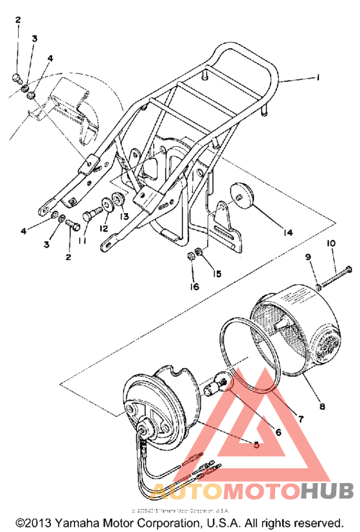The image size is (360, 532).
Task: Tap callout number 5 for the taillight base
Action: pos(256,443)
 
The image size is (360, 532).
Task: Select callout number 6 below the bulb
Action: pos(278,432)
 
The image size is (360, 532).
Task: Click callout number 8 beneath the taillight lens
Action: pos(321,406)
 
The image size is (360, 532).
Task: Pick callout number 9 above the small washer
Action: pos(308,257)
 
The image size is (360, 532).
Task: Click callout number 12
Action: pos(104,227)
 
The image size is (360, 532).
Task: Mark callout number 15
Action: pos(217,273)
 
